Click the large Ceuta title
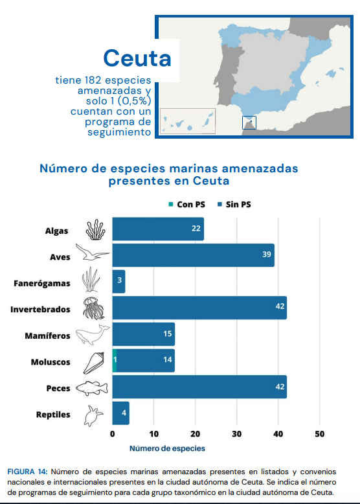point(137,58)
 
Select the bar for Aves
point(194,255)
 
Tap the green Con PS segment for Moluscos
point(115,361)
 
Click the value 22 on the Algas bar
point(196,229)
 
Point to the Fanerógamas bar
point(119,282)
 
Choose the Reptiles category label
point(53,415)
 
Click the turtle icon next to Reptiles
point(94,416)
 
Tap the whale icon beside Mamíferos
point(93,335)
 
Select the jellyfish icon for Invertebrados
point(93,308)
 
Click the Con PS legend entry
point(187,205)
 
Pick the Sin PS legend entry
point(234,205)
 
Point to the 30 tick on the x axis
point(237,434)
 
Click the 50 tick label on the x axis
point(320,434)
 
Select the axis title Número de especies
point(167,448)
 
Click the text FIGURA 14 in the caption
point(27,472)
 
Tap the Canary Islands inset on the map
point(188,121)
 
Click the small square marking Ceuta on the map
point(249,122)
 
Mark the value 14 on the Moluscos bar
point(168,360)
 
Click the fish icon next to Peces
point(92,388)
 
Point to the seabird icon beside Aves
point(92,252)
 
